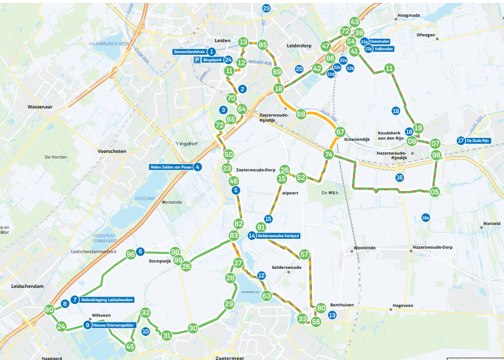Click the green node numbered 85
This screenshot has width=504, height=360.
(x=263, y=44)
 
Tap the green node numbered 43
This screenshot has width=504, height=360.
(x=355, y=22)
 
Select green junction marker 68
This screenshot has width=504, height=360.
(x=301, y=114)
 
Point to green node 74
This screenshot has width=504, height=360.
(x=329, y=155)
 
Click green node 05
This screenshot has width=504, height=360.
(x=435, y=192)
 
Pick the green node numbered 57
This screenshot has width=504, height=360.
(x=304, y=254)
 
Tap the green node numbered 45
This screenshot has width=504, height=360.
(x=130, y=347)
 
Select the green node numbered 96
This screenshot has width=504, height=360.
(x=131, y=254)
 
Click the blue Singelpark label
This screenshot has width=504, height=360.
(x=213, y=60)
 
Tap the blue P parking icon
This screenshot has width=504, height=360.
(x=197, y=60)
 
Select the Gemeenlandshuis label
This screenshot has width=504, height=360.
(x=189, y=52)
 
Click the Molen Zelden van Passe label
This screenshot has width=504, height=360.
(x=171, y=167)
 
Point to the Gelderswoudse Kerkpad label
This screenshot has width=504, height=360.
(x=279, y=235)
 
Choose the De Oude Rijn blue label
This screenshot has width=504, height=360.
(x=478, y=140)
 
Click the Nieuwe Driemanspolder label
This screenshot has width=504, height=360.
(x=114, y=325)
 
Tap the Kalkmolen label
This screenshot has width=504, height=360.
(x=383, y=50)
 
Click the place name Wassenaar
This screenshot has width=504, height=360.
(x=40, y=107)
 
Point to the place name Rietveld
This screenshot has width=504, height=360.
(x=491, y=223)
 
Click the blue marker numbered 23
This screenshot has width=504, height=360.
(x=266, y=8)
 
